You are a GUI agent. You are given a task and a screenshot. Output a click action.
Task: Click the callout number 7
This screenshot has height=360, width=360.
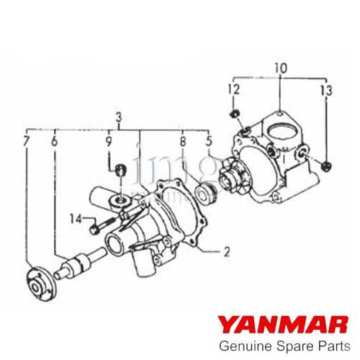point(27,141)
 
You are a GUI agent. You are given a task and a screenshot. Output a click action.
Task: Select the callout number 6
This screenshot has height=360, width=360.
point(54,141)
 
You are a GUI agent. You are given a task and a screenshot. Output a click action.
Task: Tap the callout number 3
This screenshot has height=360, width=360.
point(118,117)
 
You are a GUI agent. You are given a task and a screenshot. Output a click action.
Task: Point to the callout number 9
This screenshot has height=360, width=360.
point(109,141)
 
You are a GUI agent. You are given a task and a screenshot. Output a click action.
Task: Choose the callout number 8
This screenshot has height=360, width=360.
point(184,141)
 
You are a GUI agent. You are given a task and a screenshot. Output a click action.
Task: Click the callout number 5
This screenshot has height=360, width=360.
point(209,141)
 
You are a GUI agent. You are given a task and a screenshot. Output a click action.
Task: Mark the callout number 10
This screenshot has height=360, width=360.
point(280,68)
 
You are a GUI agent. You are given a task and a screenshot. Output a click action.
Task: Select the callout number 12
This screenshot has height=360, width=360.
point(232,89)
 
